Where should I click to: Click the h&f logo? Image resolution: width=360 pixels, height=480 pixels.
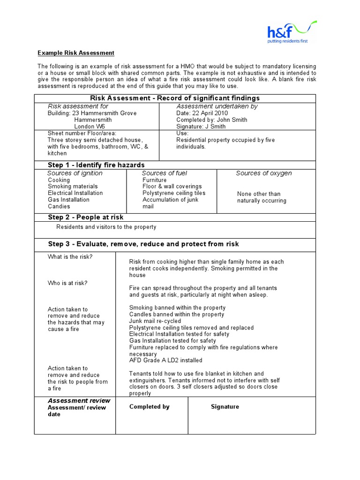click(x=291, y=32)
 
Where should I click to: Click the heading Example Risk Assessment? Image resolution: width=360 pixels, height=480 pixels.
click(x=76, y=53)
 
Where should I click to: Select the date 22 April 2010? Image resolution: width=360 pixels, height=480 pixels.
click(x=202, y=113)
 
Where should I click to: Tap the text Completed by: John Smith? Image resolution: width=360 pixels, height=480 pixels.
click(x=211, y=120)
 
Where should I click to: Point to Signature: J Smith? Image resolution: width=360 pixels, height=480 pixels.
click(x=201, y=127)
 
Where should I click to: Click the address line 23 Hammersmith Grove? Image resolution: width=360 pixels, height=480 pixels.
click(x=92, y=113)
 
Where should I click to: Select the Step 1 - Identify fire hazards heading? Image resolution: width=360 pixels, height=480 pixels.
click(x=96, y=165)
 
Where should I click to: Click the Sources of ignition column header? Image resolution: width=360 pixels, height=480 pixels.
click(x=75, y=173)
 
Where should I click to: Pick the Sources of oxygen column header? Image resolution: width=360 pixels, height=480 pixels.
click(x=263, y=173)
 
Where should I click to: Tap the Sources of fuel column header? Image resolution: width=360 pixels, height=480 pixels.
click(x=164, y=173)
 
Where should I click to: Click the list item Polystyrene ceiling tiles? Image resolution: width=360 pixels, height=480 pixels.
click(x=174, y=193)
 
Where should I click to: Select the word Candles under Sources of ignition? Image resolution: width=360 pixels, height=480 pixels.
click(x=59, y=206)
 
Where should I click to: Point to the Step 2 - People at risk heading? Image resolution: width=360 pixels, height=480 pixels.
click(x=86, y=217)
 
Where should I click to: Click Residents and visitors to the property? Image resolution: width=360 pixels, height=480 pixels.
click(x=106, y=227)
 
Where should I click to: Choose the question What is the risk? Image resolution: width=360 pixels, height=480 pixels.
click(x=70, y=257)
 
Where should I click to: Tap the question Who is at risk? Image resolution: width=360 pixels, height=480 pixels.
click(x=67, y=283)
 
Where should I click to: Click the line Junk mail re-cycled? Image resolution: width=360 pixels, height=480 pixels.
click(x=155, y=321)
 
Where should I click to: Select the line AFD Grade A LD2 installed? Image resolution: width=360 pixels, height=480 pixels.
click(x=166, y=360)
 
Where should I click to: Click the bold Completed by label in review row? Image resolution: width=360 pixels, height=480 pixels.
click(x=150, y=407)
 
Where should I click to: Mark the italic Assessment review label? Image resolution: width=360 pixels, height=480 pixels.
click(x=79, y=401)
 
